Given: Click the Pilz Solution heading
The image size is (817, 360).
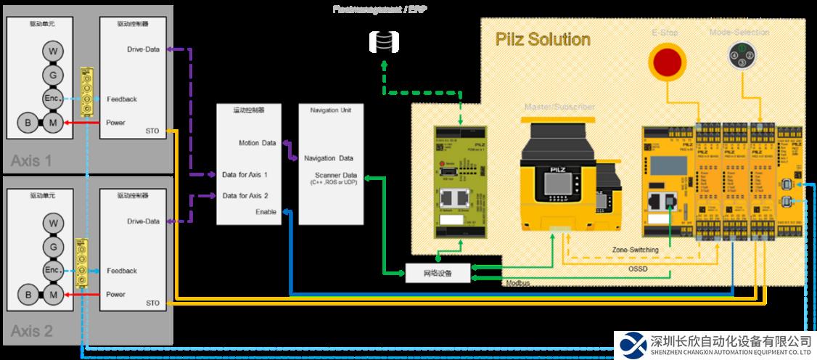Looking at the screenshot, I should pos(542,39).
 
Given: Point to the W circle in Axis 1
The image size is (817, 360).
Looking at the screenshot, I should pos(52,52).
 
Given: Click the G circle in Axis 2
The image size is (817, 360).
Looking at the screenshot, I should pos(52,247).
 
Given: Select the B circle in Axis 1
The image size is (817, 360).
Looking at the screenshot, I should pos(28,123).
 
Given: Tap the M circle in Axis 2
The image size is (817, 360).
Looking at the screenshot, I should pos(52,295).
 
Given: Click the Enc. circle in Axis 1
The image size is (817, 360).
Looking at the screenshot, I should pos(52,99).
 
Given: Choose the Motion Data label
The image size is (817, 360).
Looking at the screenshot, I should pos(258,143).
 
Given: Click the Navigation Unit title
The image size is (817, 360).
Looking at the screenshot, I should pos(329,111).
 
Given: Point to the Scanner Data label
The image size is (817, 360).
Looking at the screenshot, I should pos(336,175).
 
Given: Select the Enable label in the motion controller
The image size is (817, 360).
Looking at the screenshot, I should pos(266,211).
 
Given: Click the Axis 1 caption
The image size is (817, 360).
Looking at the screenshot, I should pos(31,160).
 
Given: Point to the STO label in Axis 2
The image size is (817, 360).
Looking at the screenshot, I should pos(152,303).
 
